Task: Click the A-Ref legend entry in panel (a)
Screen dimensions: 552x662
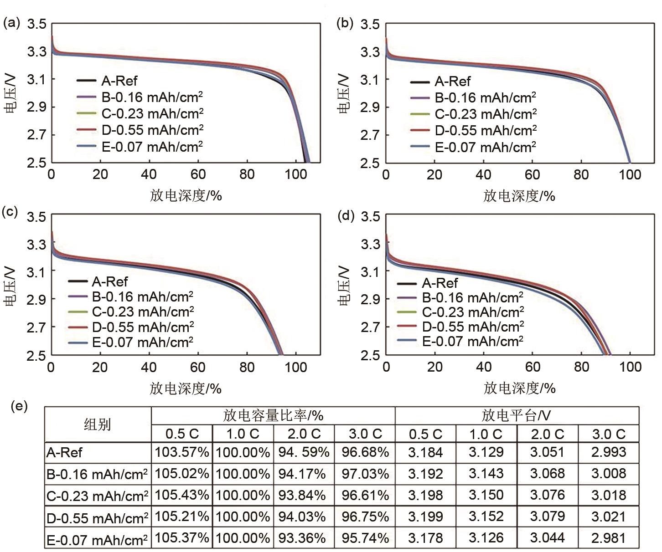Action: click(x=119, y=81)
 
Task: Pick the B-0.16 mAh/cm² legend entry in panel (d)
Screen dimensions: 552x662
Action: click(x=472, y=298)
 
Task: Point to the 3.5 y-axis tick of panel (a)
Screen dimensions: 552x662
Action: click(x=37, y=24)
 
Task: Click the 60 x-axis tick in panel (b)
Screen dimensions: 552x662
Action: click(x=532, y=175)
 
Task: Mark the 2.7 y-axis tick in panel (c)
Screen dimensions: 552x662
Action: click(x=36, y=327)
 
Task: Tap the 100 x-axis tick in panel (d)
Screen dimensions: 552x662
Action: click(x=630, y=367)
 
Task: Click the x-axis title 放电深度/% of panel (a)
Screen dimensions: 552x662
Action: click(x=186, y=196)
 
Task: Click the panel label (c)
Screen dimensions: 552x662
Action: click(x=10, y=212)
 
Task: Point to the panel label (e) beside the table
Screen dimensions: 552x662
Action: click(x=19, y=406)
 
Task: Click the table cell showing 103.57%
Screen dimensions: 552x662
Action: click(x=182, y=452)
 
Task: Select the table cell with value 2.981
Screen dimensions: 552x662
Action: click(x=608, y=538)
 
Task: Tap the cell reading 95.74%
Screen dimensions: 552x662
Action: click(x=365, y=538)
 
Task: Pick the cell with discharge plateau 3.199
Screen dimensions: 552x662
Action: click(x=425, y=517)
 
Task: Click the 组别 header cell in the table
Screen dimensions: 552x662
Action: click(x=97, y=424)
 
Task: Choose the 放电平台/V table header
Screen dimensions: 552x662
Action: click(x=516, y=415)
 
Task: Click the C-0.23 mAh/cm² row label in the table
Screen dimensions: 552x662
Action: click(x=97, y=496)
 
